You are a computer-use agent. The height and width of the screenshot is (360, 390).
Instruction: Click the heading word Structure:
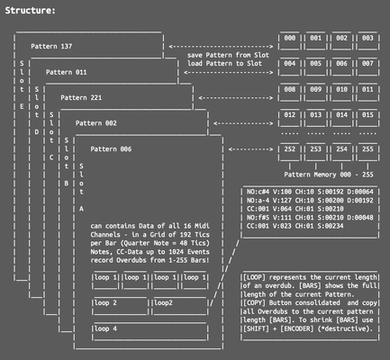click(x=30, y=10)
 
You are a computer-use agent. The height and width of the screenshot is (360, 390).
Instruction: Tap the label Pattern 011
click(x=68, y=71)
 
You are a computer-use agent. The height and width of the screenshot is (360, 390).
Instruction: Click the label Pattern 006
click(x=112, y=148)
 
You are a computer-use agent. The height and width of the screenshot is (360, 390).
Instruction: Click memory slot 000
click(x=289, y=39)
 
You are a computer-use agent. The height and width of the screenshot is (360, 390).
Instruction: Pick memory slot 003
click(x=368, y=39)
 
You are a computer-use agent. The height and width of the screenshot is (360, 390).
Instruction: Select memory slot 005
click(x=315, y=65)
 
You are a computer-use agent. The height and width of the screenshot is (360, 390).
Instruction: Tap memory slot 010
click(x=342, y=90)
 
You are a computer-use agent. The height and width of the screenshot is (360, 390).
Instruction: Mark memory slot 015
click(x=368, y=115)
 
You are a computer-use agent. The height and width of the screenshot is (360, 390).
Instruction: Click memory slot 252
click(x=289, y=148)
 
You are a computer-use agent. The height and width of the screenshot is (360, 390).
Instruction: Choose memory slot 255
click(x=368, y=148)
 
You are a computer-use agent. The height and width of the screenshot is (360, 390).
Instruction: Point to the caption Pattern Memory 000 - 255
click(x=328, y=172)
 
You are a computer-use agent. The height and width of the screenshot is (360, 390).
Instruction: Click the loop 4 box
click(x=107, y=329)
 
